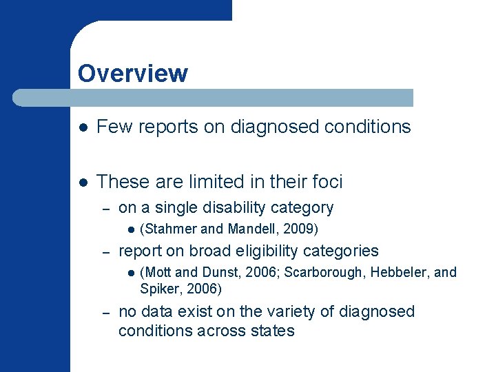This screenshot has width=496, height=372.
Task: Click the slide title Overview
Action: [x=132, y=73]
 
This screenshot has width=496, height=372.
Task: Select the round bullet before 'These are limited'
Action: [x=83, y=183]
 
